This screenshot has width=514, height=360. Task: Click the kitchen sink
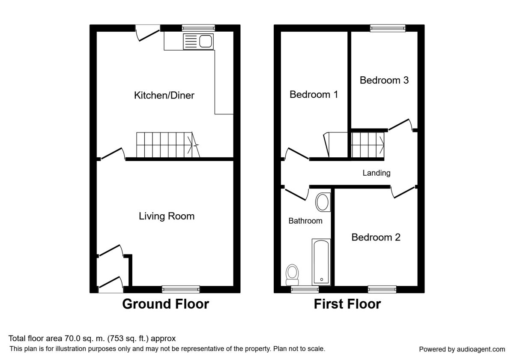click(198, 42)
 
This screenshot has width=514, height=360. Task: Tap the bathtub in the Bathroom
click(321, 262)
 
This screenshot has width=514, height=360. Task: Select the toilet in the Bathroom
click(292, 275)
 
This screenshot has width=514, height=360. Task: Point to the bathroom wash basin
click(323, 202)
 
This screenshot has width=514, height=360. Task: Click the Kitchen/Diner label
click(164, 95)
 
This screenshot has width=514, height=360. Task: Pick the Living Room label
click(167, 216)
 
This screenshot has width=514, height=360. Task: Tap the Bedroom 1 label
click(314, 94)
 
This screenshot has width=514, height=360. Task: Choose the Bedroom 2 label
click(376, 237)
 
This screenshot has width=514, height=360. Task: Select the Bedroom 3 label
click(384, 80)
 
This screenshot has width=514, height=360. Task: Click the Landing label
click(377, 173)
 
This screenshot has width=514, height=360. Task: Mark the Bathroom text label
click(305, 221)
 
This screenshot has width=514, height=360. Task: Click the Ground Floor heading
click(165, 304)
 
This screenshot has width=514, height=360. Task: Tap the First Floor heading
click(347, 304)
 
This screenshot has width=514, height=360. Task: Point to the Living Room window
click(181, 289)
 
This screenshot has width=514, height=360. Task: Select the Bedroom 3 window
click(388, 28)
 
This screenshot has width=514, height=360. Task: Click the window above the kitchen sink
click(198, 28)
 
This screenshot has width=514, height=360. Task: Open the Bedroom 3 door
click(399, 124)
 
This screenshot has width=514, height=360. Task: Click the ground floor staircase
click(168, 145)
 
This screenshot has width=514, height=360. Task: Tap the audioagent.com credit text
click(462, 349)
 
